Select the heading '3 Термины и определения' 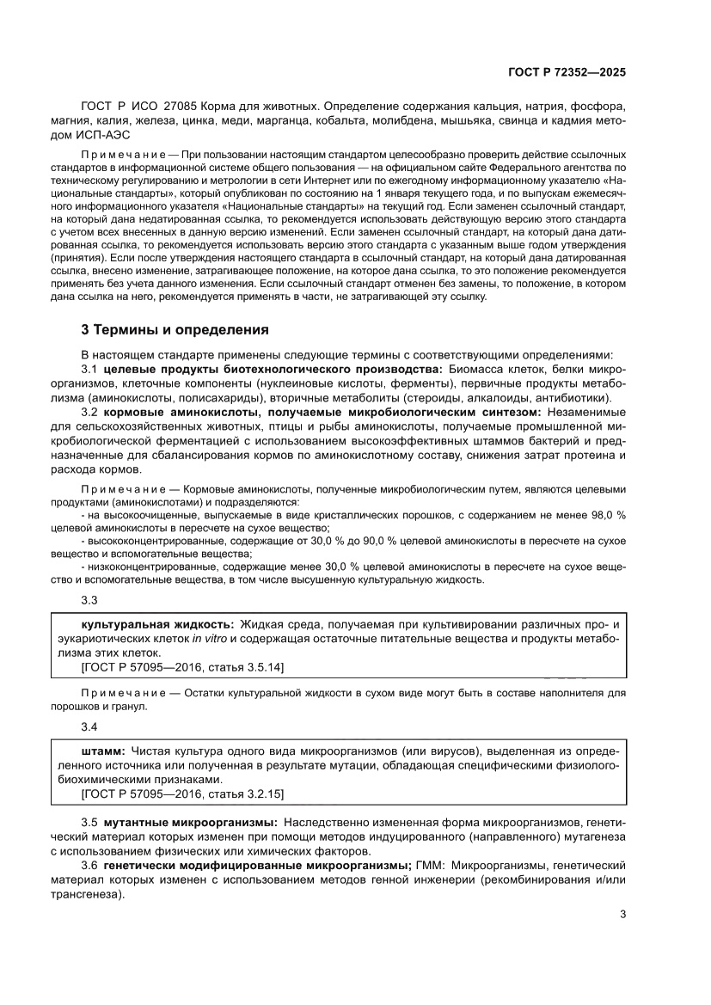pos(175,329)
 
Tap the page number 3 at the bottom pos(622,914)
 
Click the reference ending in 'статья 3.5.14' pos(182,667)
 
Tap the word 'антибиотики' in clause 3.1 pos(577,398)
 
